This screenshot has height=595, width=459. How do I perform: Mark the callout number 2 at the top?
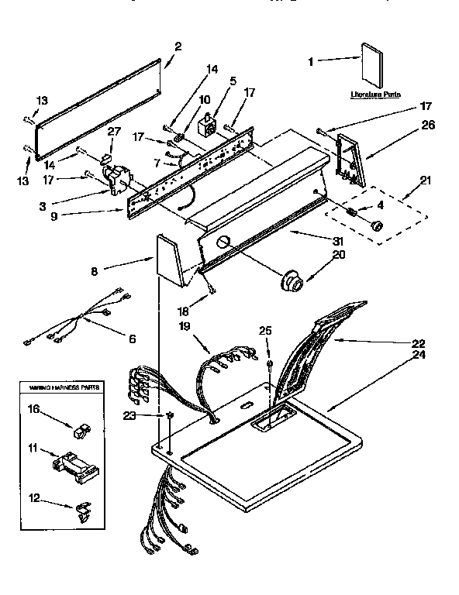(178, 46)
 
